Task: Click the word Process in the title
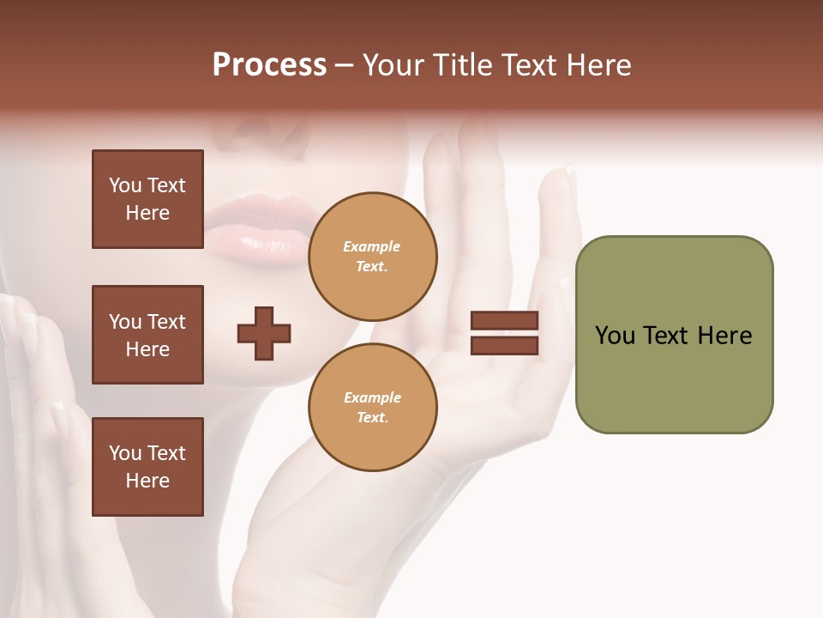[269, 65]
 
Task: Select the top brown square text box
[147, 199]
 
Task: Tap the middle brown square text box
[147, 335]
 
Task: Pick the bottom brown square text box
[147, 466]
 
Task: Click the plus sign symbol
[264, 333]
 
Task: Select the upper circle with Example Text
[372, 257]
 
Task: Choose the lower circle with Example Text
[372, 407]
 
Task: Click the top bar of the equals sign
[504, 321]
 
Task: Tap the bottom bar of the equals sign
[504, 345]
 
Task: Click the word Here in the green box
[724, 336]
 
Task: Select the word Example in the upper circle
[371, 246]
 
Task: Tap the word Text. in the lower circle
[372, 418]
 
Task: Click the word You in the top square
[125, 185]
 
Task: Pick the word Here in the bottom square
[147, 481]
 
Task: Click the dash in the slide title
[344, 65]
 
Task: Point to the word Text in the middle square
[166, 322]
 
